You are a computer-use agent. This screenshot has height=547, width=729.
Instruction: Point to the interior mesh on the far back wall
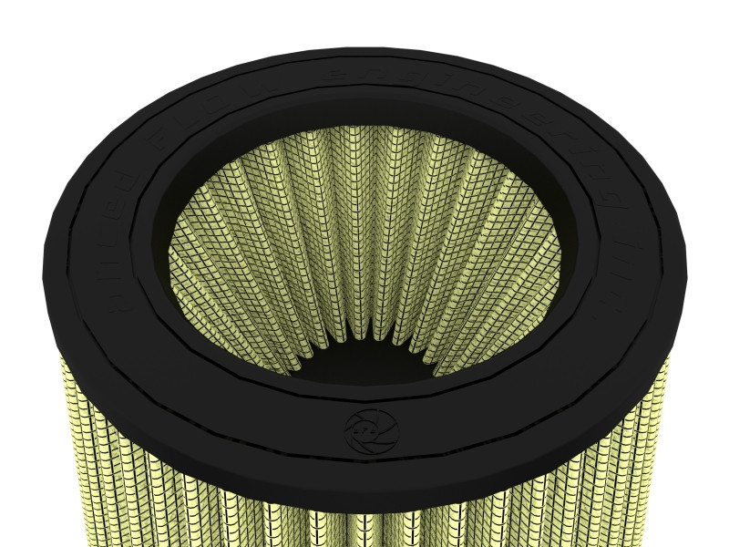click(364, 182)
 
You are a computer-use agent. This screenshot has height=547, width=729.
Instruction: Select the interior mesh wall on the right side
click(510, 264)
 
